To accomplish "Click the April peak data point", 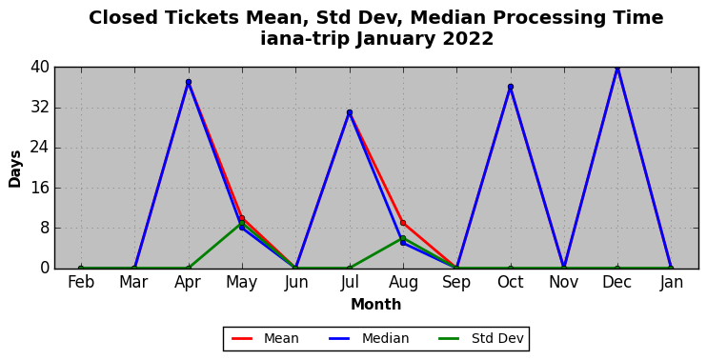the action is [x=189, y=82].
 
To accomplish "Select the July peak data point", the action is [x=350, y=112].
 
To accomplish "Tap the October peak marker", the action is [x=511, y=87].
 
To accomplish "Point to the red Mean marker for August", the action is [x=403, y=223].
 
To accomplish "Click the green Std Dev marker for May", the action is [x=242, y=223].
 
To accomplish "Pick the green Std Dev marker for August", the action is [x=403, y=238].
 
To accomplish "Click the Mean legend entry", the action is [x=265, y=338].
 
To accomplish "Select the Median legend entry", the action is [x=369, y=338].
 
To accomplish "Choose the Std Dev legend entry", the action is [x=481, y=338].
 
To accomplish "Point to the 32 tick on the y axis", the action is [x=40, y=109].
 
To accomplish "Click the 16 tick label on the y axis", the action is [x=40, y=188].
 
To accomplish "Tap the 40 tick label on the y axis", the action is [x=40, y=68].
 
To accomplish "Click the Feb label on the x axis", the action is [x=81, y=283].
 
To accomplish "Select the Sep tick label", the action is [x=456, y=283].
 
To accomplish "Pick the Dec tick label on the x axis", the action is [x=617, y=283].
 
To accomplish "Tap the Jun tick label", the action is [x=295, y=283].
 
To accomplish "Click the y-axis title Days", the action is [x=15, y=169].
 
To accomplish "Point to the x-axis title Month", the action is [x=376, y=305].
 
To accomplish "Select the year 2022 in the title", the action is [x=468, y=39].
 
